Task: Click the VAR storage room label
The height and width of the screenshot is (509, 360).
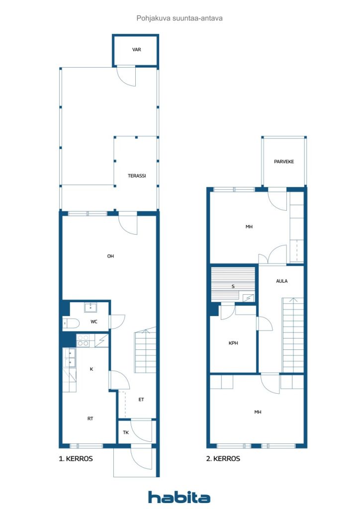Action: pyautogui.click(x=136, y=50)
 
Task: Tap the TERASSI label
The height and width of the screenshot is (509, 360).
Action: pyautogui.click(x=137, y=175)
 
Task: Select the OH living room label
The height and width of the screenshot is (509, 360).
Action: pyautogui.click(x=110, y=256)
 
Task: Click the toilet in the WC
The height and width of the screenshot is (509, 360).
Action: pyautogui.click(x=71, y=323)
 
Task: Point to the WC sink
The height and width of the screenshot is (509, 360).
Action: pyautogui.click(x=90, y=307)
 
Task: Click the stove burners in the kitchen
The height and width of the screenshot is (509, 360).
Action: pyautogui.click(x=83, y=340)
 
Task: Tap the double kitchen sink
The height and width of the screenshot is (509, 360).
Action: pyautogui.click(x=70, y=357)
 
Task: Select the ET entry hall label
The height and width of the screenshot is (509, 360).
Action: pyautogui.click(x=141, y=400)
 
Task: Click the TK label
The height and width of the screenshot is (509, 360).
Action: pyautogui.click(x=126, y=432)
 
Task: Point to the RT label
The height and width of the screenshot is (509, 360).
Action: pyautogui.click(x=90, y=419)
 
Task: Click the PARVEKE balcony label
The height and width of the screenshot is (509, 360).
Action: pyautogui.click(x=284, y=162)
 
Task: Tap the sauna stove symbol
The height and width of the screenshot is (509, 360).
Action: pyautogui.click(x=249, y=298)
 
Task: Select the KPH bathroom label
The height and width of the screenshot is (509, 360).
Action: pyautogui.click(x=233, y=343)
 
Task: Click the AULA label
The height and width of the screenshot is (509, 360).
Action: pyautogui.click(x=282, y=281)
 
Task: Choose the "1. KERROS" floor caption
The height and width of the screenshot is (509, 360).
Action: pyautogui.click(x=76, y=459)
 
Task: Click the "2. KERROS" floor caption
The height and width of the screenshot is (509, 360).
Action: pyautogui.click(x=223, y=459)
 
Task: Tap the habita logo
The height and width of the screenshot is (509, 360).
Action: pyautogui.click(x=179, y=497)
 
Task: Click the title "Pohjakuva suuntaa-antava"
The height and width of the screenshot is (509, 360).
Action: pyautogui.click(x=180, y=18)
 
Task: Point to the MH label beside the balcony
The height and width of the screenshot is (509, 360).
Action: pyautogui.click(x=249, y=227)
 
